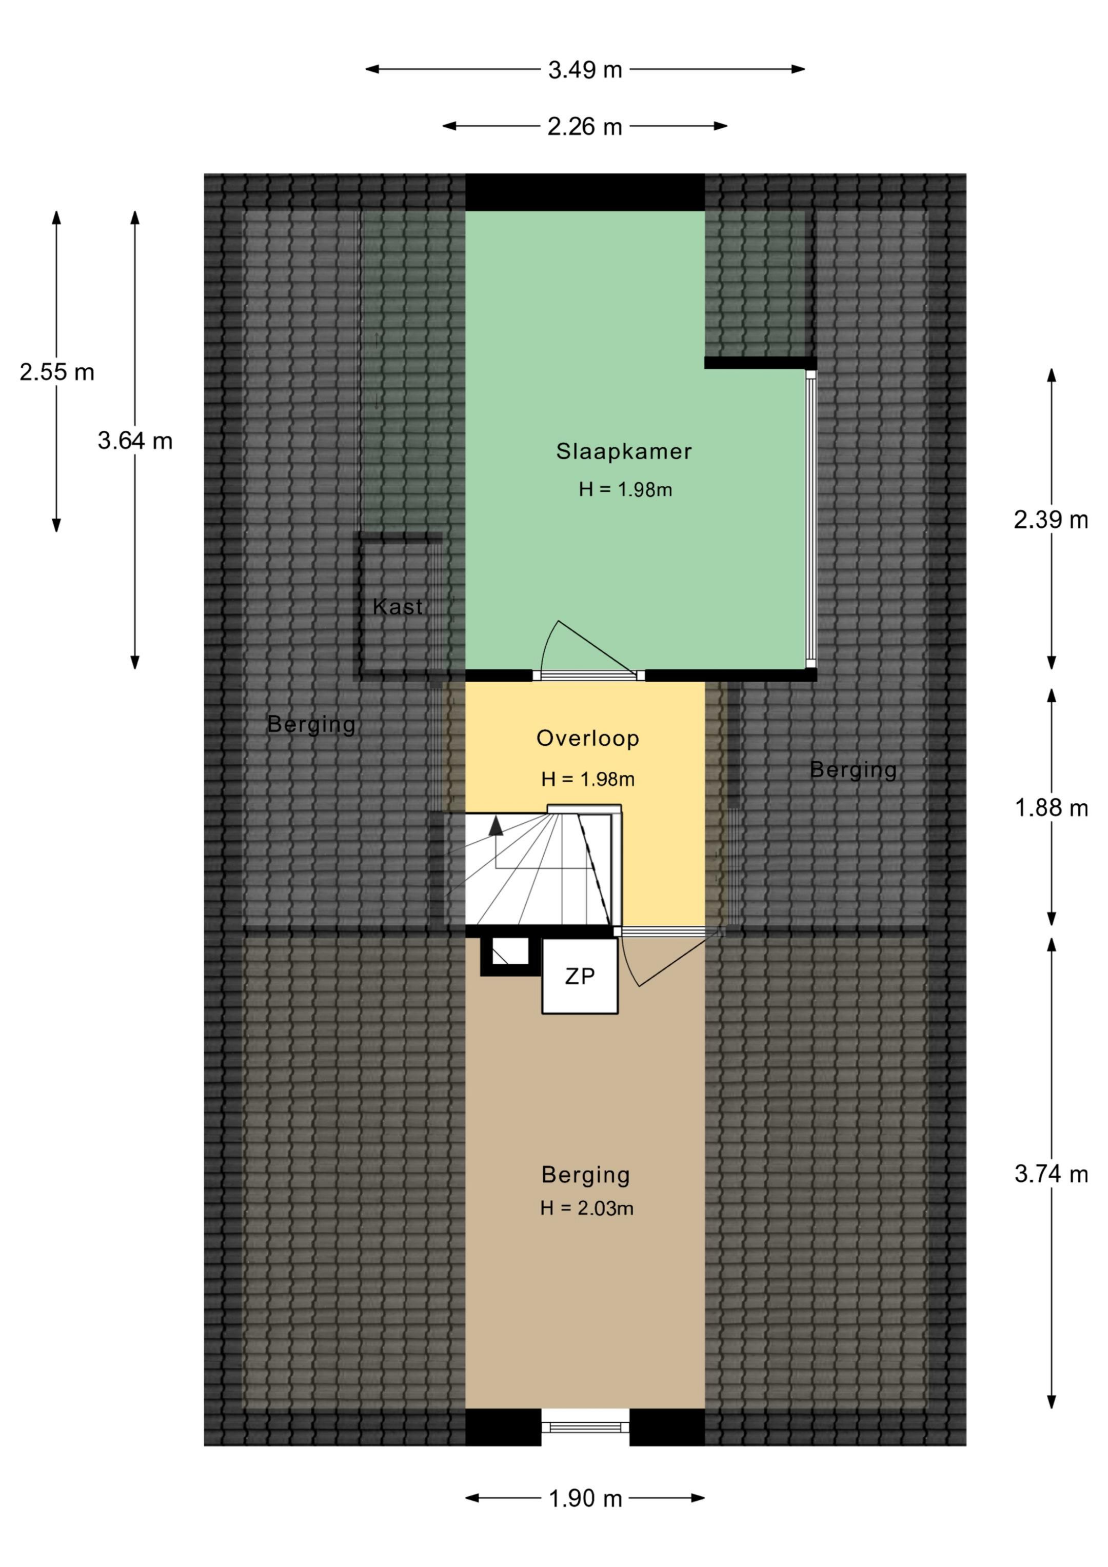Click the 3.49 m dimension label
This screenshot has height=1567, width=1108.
(x=585, y=70)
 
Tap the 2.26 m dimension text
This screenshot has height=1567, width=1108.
(x=585, y=127)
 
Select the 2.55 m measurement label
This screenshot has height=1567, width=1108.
(x=56, y=372)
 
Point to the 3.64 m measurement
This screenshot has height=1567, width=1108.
(x=135, y=441)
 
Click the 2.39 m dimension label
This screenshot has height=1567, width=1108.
(x=1051, y=520)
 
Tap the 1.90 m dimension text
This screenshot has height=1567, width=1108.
(x=586, y=1499)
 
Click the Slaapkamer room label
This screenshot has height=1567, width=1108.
(x=624, y=451)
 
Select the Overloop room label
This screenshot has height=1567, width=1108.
(x=588, y=739)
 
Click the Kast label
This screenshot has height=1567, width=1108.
(x=398, y=607)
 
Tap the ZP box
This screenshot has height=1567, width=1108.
(x=580, y=976)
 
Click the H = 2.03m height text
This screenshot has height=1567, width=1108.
(x=586, y=1208)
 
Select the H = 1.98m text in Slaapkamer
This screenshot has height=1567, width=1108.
(x=625, y=489)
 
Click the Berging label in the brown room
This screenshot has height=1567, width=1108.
(x=586, y=1175)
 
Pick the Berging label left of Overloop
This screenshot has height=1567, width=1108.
(x=311, y=725)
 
